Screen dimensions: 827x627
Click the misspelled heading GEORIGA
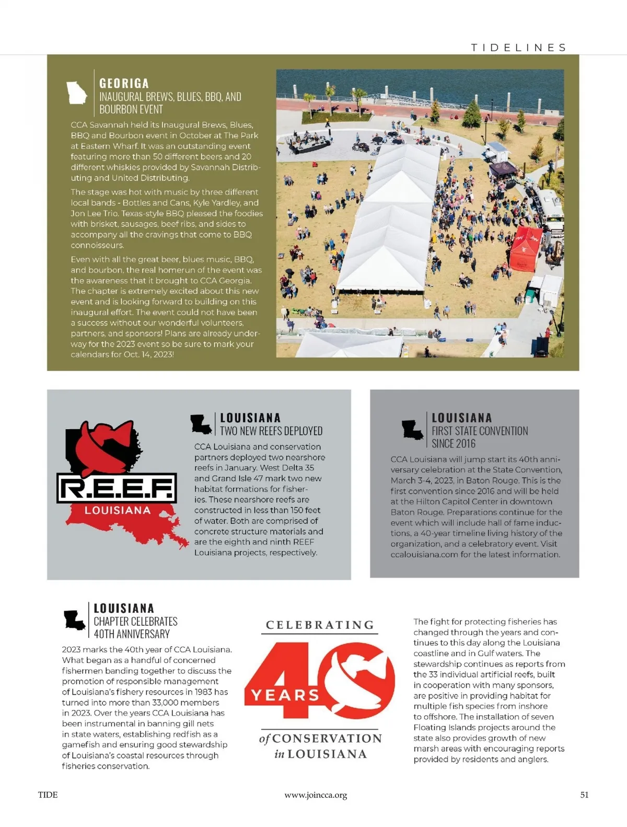[124, 84]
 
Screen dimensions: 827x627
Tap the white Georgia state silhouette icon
[76, 93]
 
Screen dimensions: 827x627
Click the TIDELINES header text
[518, 48]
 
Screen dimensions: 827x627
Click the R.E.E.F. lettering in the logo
[117, 488]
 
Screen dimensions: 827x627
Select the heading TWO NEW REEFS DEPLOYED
[271, 431]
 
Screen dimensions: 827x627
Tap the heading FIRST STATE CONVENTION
[480, 431]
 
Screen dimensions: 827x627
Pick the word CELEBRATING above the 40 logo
[320, 625]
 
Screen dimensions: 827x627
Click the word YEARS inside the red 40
[285, 695]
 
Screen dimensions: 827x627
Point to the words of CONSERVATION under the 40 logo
[320, 739]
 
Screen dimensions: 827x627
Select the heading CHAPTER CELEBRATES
[135, 622]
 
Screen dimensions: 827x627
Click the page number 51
[584, 795]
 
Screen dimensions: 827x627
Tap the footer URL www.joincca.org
[316, 795]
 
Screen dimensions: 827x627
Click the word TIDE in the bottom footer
[48, 795]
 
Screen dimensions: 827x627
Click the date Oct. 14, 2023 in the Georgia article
[148, 354]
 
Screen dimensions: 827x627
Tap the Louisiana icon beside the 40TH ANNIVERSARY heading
[74, 621]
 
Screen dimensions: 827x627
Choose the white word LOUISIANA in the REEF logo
[117, 510]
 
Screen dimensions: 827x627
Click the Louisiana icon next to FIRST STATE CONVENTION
[412, 430]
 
